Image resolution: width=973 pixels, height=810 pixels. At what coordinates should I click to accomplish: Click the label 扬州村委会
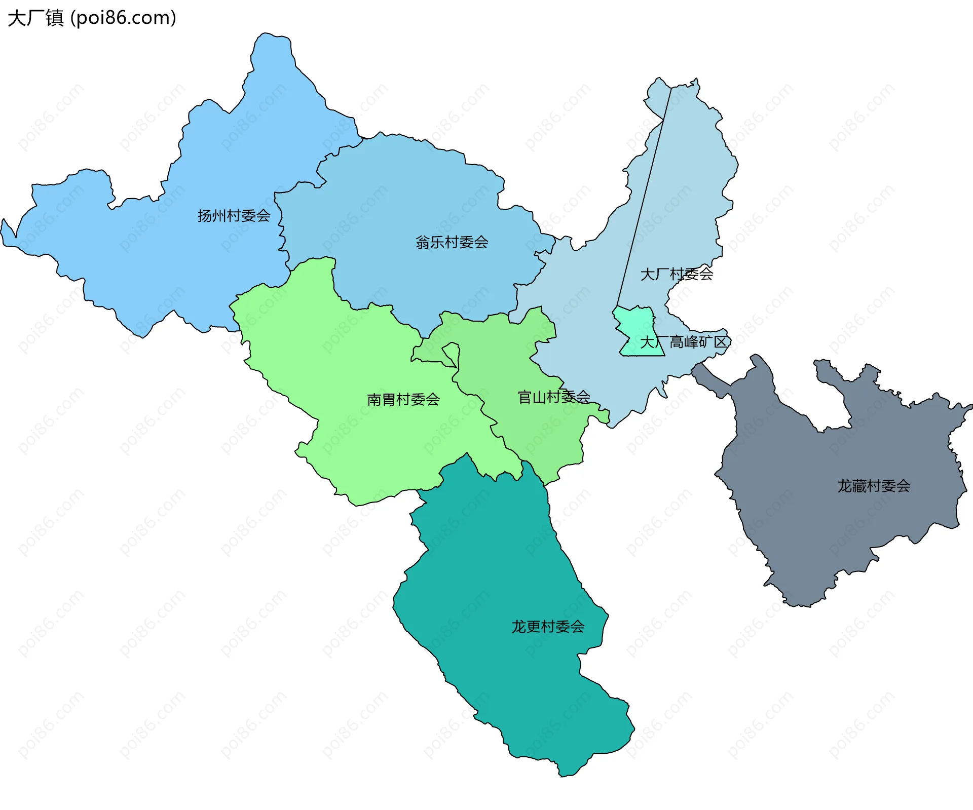234,216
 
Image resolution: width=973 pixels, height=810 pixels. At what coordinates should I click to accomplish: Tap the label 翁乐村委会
452,242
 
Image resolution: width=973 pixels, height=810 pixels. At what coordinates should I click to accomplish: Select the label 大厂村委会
677,274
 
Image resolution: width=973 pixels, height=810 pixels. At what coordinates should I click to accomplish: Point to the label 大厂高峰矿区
684,342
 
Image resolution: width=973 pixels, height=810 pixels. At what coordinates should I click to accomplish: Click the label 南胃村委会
403,400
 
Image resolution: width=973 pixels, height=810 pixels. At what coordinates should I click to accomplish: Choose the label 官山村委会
554,397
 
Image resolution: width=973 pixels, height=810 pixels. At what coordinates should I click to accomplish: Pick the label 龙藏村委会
874,486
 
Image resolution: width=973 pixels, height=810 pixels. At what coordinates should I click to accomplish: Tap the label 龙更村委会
548,627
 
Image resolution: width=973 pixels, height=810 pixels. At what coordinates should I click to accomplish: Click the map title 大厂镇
35,18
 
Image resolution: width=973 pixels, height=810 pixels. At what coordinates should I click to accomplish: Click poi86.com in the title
123,18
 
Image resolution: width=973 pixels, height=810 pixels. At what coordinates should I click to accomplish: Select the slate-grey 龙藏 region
811,507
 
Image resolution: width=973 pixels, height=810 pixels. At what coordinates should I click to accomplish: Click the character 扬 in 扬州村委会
204,216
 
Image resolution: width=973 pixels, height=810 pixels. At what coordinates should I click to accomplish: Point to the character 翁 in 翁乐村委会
423,242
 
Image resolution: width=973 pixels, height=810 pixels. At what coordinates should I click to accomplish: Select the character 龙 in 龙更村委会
518,627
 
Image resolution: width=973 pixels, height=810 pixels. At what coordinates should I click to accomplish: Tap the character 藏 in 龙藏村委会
859,486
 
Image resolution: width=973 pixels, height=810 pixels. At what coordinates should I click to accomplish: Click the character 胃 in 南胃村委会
389,400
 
